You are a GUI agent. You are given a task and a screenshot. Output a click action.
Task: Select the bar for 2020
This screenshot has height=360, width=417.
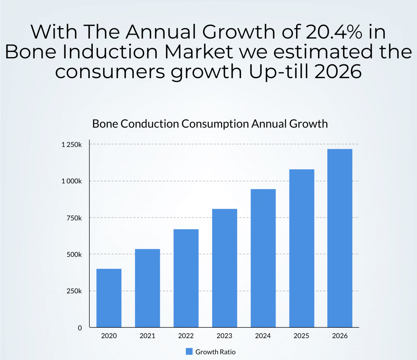click(109, 298)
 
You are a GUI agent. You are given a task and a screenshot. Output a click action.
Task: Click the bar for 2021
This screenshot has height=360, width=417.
click(147, 288)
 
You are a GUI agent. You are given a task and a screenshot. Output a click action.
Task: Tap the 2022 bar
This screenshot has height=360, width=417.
click(186, 278)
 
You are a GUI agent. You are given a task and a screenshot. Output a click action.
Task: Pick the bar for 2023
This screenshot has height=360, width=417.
click(224, 268)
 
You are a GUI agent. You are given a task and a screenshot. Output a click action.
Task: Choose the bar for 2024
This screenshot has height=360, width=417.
click(263, 258)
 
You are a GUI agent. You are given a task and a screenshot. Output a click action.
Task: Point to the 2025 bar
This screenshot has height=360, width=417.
click(302, 248)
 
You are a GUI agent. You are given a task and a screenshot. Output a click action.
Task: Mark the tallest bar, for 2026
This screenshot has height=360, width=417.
click(340, 238)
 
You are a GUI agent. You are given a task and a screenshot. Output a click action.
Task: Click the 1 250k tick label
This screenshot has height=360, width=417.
click(72, 145)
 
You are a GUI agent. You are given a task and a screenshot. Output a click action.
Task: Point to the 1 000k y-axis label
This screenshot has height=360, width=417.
click(72, 181)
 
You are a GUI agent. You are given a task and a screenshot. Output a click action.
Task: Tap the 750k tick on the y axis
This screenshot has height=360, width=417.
click(74, 218)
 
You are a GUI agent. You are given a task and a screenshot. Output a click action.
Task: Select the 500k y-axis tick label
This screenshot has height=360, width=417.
click(74, 254)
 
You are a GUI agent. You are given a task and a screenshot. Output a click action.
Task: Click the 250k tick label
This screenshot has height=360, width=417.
click(74, 291)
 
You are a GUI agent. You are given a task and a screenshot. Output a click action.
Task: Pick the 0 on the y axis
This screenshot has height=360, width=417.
click(80, 328)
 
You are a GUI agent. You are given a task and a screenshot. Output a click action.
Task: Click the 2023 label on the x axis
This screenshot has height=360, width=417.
click(224, 336)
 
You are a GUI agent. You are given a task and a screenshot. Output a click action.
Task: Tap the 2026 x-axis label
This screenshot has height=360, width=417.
click(340, 336)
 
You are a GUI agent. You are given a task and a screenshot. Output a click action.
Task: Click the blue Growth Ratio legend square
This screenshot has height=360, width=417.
click(189, 352)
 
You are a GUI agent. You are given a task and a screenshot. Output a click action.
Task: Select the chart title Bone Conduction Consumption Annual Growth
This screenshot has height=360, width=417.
click(210, 124)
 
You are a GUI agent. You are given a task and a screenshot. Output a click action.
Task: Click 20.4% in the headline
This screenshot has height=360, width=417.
click(334, 32)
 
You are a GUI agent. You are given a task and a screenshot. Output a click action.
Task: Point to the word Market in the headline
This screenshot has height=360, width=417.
click(199, 52)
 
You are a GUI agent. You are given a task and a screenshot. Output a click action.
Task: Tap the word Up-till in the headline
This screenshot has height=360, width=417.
click(278, 72)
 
